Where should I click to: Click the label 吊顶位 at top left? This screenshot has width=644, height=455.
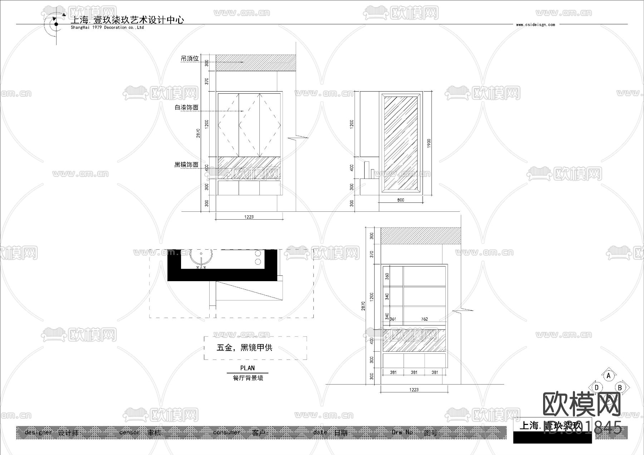click(190, 58)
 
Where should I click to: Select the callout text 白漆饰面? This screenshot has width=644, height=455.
click(186, 107)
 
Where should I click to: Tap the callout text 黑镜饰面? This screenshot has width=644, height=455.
click(186, 165)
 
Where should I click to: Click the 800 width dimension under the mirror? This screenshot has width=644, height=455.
click(400, 200)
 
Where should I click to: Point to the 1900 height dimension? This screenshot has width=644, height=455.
click(429, 143)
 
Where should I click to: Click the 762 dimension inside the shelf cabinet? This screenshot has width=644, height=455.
click(424, 319)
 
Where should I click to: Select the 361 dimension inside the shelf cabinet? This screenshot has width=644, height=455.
click(393, 319)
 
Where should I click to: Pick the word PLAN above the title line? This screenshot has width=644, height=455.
click(247, 368)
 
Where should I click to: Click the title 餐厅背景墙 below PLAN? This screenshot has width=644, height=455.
click(248, 378)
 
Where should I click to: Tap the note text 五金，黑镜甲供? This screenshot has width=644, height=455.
click(244, 348)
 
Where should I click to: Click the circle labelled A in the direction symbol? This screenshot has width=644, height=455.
click(609, 376)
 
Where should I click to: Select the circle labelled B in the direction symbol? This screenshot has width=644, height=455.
click(620, 387)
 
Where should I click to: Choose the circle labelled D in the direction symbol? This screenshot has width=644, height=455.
click(597, 387)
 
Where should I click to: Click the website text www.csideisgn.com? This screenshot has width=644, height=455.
click(535, 25)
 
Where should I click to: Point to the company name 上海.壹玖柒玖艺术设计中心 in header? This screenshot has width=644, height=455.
click(127, 20)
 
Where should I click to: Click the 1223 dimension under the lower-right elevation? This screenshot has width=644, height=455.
click(414, 390)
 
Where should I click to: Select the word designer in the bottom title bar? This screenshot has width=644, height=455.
click(38, 432)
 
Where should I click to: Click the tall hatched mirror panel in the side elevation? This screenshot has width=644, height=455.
click(400, 143)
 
